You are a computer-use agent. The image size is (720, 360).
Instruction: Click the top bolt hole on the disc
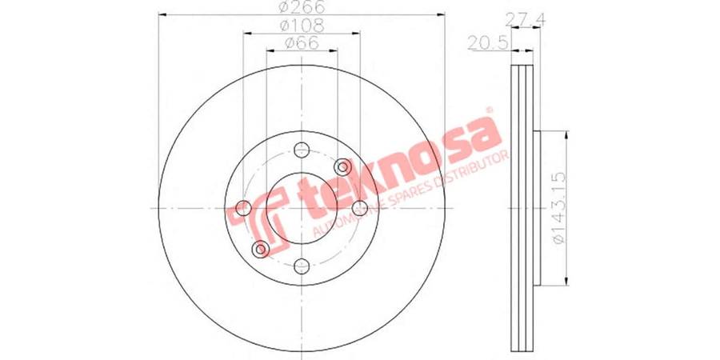pyautogui.click(x=301, y=150)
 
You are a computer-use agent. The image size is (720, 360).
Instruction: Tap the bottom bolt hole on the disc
pyautogui.click(x=301, y=266)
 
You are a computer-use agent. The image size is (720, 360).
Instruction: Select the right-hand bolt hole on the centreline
pyautogui.click(x=359, y=208)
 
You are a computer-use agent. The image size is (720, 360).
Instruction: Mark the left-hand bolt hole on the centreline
pyautogui.click(x=243, y=208)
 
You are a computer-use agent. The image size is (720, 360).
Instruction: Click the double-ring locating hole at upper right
pyautogui.click(x=344, y=166)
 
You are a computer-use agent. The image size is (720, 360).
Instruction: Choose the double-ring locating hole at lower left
pyautogui.click(x=259, y=250)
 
